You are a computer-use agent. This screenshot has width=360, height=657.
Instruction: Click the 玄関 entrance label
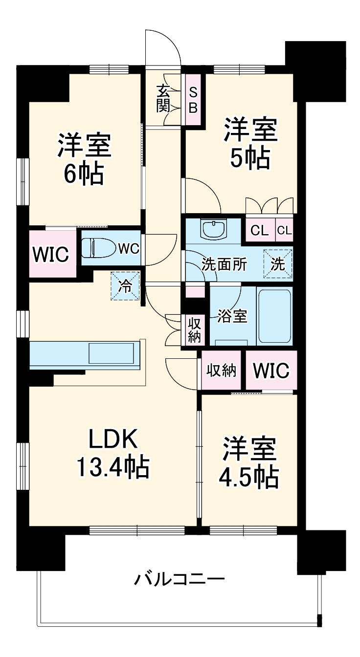pyautogui.click(x=163, y=98)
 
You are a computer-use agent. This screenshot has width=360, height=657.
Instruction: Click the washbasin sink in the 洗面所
pyautogui.click(x=213, y=230)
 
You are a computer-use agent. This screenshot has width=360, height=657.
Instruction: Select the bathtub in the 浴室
pyautogui.click(x=274, y=316)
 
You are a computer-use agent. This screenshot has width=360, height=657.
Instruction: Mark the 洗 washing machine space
pyautogui.click(x=278, y=264)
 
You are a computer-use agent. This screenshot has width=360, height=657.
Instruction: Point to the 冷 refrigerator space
pyautogui.click(x=125, y=286)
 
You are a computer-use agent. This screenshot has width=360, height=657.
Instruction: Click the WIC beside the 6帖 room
pyautogui.click(x=51, y=254)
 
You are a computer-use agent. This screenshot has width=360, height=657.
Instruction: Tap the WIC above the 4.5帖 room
pyautogui.click(x=271, y=370)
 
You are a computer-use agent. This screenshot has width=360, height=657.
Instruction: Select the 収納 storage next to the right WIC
pyautogui.click(x=221, y=370)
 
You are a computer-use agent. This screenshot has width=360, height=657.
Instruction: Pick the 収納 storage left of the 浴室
pyautogui.click(x=193, y=330)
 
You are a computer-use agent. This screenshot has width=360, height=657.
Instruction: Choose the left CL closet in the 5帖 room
pyautogui.click(x=260, y=231)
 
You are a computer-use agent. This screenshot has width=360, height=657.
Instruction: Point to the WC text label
pyautogui.click(x=129, y=248)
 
